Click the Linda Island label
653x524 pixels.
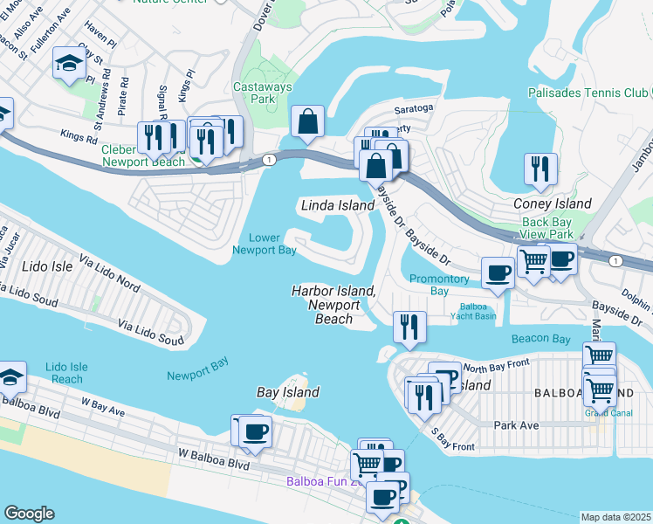click(338, 205)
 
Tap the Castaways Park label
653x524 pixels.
click(260, 93)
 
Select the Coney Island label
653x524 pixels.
click(552, 203)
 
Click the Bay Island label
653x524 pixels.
click(287, 392)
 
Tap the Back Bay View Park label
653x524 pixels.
click(546, 228)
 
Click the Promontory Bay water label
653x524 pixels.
click(440, 285)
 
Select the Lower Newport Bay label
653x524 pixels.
click(264, 244)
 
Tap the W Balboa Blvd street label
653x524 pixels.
click(214, 460)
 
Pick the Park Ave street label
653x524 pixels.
click(517, 424)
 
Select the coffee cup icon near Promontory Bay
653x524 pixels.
click(498, 272)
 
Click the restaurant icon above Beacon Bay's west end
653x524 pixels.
click(409, 326)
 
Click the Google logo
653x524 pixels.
click(29, 514)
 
